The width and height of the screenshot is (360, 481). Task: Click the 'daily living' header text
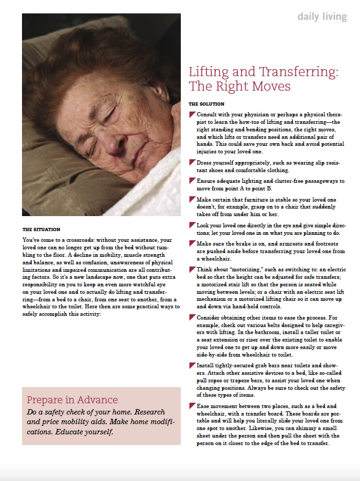coord(322,17)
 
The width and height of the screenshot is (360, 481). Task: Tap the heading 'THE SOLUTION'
coord(207,103)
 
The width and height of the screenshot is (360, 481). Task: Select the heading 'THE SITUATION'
coord(41,230)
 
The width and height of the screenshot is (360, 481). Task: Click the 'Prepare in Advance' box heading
coord(72,400)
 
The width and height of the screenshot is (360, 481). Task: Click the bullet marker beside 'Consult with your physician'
coord(192,115)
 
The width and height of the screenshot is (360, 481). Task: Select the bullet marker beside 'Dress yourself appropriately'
coord(192,162)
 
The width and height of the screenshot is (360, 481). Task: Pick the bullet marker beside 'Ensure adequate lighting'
coord(192,181)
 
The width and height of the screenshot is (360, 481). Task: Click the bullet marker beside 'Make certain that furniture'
coord(192,199)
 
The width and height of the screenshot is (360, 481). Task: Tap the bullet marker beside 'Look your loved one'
coord(192,225)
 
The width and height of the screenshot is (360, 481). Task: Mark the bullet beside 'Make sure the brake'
coord(192,243)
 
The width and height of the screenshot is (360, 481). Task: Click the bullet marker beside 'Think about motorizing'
coord(192,270)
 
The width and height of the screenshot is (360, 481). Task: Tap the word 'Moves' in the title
coord(271,86)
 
